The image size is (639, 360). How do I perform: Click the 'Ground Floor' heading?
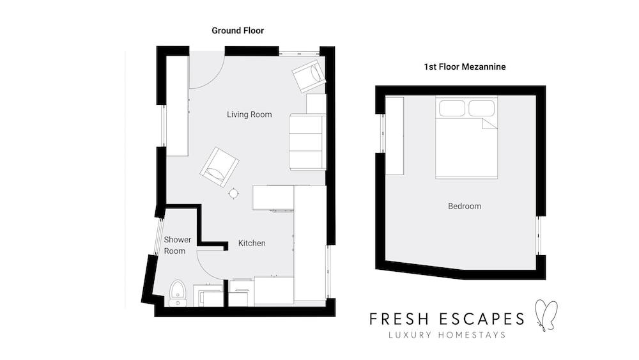tap(238, 31)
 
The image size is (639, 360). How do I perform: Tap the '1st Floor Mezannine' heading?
tap(465, 67)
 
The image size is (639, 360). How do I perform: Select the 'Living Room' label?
tap(249, 114)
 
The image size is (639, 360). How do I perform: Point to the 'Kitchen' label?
tap(252, 243)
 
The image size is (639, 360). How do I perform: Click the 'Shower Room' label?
tap(177, 246)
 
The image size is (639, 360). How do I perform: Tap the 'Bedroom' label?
tap(465, 207)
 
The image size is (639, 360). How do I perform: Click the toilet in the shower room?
tap(177, 293)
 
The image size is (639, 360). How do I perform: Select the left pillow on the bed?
tap(452, 109)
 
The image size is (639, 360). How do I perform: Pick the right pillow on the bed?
tap(481, 109)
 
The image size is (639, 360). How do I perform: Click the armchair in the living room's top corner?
tap(309, 76)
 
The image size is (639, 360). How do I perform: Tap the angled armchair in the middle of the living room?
tap(219, 167)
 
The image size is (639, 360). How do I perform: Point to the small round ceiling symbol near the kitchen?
tap(233, 193)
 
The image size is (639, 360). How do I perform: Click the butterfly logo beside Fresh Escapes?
tap(546, 315)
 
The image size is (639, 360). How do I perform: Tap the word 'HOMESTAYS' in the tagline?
tap(472, 335)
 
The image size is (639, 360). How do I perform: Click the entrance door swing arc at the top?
tap(215, 78)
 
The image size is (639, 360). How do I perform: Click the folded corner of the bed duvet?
tap(490, 123)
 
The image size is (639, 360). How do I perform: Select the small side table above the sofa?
tap(316, 104)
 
